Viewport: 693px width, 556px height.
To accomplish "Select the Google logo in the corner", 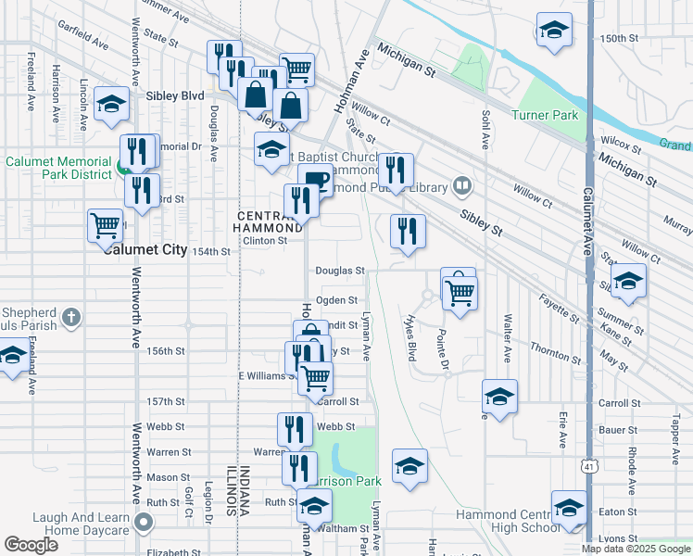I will coord(31,545).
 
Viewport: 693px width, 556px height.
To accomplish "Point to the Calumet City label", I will coord(145,250).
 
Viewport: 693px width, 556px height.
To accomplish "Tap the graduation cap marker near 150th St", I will coord(553,32).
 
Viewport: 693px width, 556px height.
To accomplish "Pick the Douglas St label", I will coord(340,271).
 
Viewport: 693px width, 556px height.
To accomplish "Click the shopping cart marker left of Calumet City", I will coord(105,225).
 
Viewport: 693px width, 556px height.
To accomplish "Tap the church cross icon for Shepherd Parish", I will coord(72,319).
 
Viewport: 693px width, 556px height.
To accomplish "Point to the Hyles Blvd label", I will coord(411,337).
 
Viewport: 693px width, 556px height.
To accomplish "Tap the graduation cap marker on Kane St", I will coord(627,282).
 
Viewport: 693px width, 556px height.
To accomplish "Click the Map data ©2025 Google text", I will coord(636,548).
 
